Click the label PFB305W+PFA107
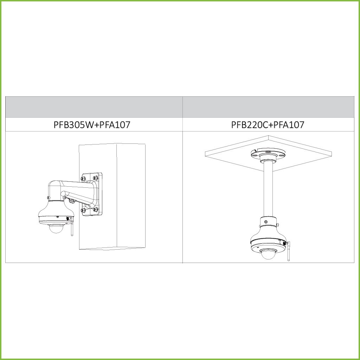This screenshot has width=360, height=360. point(92,125)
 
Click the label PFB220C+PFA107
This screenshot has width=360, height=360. point(268,125)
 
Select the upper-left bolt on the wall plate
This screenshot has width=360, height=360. point(83,178)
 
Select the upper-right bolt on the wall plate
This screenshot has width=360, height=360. point(95,178)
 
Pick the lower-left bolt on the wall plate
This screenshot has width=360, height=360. point(83,210)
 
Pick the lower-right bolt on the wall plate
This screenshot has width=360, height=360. point(96,210)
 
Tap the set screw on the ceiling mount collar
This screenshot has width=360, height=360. point(266,222)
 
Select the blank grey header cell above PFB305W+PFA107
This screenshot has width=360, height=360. point(94,107)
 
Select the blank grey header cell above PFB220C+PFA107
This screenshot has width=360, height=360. point(268,107)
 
